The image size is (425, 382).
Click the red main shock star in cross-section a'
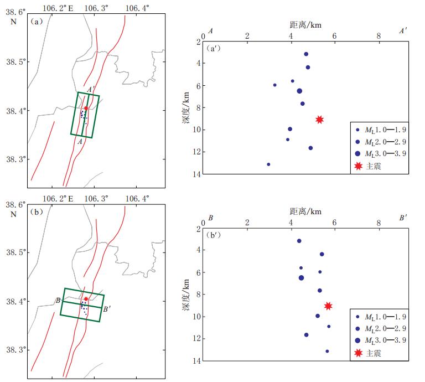[x=319, y=120]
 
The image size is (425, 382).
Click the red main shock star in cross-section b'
[x=328, y=306]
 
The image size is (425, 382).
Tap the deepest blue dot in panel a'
[x=268, y=164]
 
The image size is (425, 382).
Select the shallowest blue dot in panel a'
[x=306, y=54]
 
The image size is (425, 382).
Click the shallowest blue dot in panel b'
[x=299, y=241]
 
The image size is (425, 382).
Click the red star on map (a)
[x=86, y=109]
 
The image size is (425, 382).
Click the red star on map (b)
[x=86, y=299]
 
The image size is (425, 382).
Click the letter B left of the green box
[x=57, y=300]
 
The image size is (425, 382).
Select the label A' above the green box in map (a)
[x=91, y=89]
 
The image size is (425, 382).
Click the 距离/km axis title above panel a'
[x=305, y=25]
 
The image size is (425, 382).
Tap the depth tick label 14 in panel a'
[x=197, y=174]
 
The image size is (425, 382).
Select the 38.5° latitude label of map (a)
[x=13, y=62]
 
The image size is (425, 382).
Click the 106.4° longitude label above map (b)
[x=137, y=199]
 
